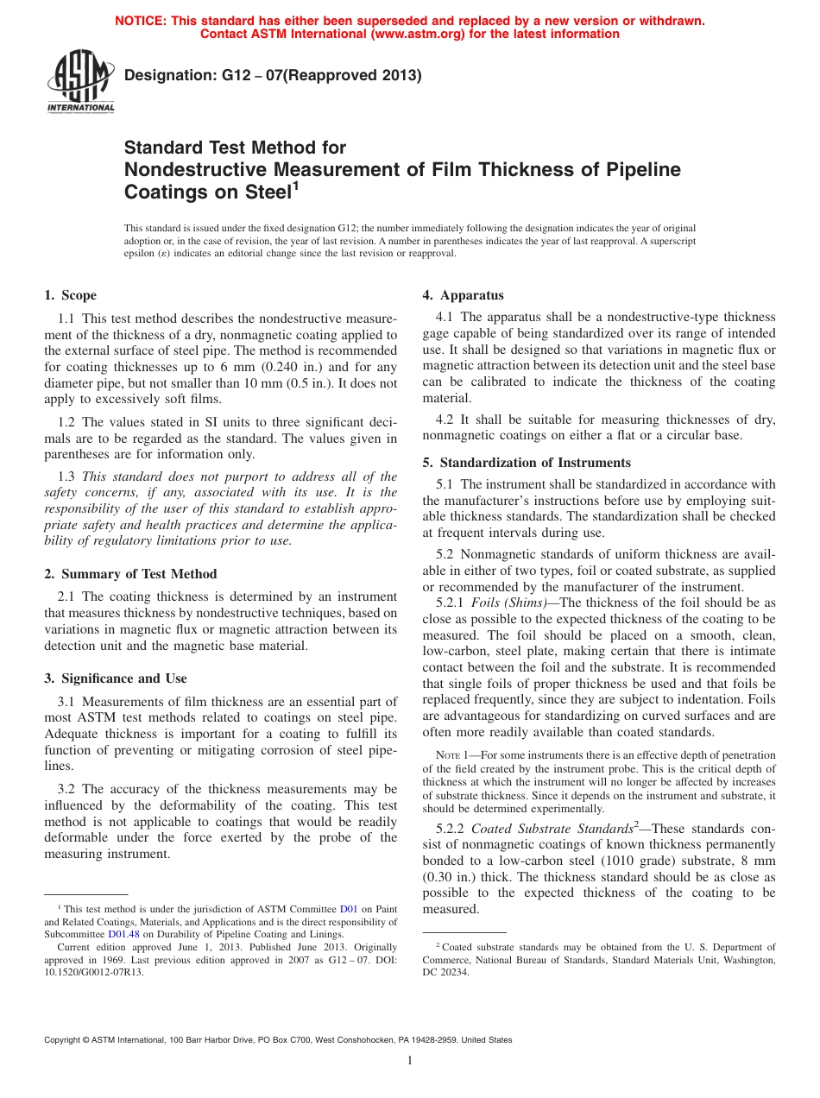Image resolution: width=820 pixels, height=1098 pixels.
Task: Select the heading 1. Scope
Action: pos(71,295)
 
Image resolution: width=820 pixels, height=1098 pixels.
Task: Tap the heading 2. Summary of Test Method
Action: pos(130,574)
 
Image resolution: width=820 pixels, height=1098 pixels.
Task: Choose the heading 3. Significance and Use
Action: pos(116,678)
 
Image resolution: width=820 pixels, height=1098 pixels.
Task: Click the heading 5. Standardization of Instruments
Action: pos(527,463)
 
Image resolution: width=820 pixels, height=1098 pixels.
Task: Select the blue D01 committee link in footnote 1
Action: pos(348,909)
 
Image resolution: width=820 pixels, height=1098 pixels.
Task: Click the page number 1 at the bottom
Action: pos(410,1061)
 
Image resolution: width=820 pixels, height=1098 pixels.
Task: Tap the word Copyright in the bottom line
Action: pos(66,1040)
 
